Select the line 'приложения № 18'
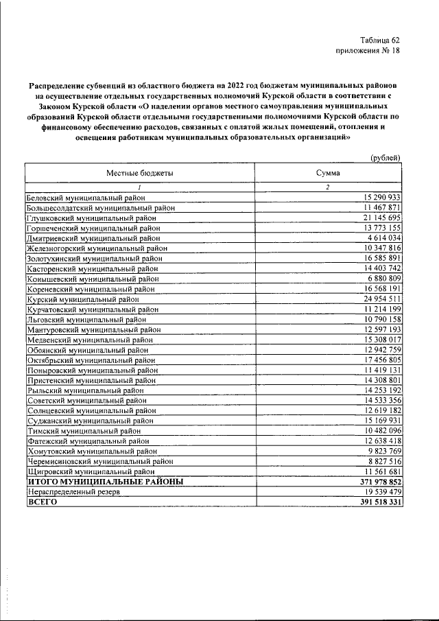367,51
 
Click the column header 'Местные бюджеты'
139,174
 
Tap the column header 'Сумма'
327,174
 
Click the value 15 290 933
377,197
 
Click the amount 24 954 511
377,299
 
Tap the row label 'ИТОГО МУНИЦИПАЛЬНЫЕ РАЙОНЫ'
105,482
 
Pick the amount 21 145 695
377,218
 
